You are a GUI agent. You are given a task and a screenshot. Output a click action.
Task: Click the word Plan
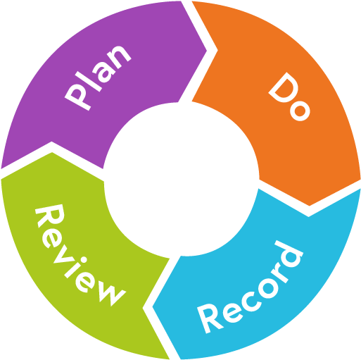(97, 77)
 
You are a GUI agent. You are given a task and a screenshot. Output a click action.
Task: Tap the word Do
(289, 97)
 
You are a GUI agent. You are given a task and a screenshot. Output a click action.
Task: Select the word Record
(250, 287)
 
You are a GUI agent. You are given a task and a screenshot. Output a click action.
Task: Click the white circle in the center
(182, 179)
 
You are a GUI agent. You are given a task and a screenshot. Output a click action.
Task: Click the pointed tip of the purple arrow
(207, 50)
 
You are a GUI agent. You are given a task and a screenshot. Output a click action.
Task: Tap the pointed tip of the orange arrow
(310, 206)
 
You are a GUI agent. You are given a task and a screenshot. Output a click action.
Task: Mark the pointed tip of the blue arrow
(153, 306)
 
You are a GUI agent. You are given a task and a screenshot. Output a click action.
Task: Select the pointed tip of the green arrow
(52, 153)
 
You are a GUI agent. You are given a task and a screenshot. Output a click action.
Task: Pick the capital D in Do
(282, 87)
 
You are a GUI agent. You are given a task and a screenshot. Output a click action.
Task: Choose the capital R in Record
(210, 318)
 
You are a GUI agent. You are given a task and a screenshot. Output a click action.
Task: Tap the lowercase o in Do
(300, 111)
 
